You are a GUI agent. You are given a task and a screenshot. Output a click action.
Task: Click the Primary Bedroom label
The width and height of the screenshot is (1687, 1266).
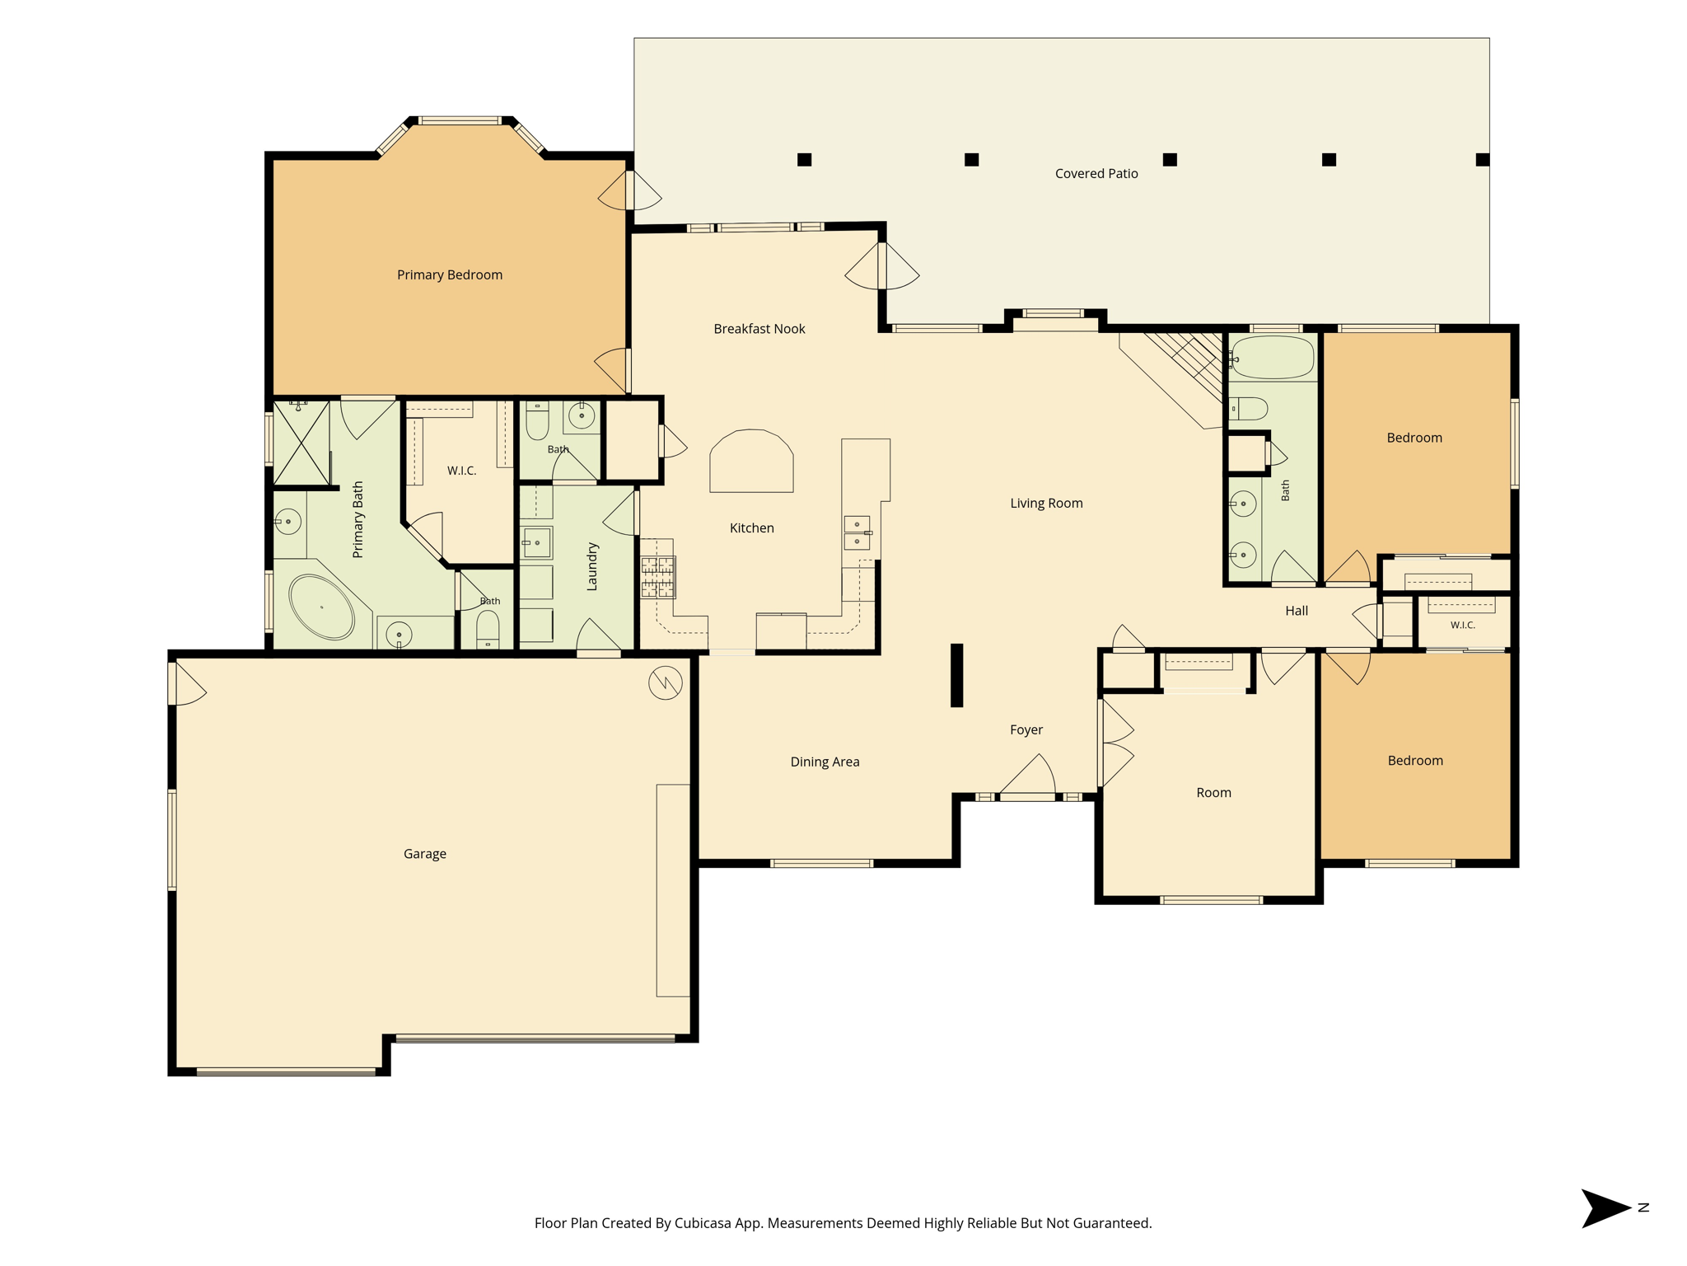tap(450, 275)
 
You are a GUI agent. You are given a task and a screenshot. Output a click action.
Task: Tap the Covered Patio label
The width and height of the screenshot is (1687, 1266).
tap(1096, 174)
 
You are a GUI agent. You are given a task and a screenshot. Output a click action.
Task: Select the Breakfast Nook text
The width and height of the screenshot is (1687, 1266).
tap(759, 329)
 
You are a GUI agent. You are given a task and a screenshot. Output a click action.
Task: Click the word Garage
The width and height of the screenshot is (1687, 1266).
tap(425, 854)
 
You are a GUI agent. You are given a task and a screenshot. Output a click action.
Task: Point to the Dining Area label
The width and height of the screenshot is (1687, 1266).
tap(825, 762)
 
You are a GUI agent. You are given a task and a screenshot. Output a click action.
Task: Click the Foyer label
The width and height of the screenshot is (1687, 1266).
tap(1026, 730)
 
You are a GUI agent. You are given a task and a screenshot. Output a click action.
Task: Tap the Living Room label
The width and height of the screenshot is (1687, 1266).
tap(1046, 504)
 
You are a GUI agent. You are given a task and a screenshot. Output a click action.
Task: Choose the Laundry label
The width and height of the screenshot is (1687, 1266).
tap(591, 566)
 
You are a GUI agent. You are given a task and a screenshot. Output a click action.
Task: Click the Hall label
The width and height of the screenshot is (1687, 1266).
tap(1297, 611)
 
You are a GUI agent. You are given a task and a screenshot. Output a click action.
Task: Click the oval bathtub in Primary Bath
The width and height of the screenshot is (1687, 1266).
tap(321, 607)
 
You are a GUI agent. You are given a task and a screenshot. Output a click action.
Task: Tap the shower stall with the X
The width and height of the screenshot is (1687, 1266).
tap(301, 443)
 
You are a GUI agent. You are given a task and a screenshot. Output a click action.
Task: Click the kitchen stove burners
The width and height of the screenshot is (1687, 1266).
tap(658, 576)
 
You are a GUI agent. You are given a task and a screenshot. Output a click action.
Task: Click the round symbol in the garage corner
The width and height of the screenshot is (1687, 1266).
tap(665, 682)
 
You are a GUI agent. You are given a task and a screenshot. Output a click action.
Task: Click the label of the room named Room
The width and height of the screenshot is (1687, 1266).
tap(1213, 793)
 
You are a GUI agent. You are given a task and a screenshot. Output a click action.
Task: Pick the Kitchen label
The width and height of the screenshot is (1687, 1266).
tap(751, 528)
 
